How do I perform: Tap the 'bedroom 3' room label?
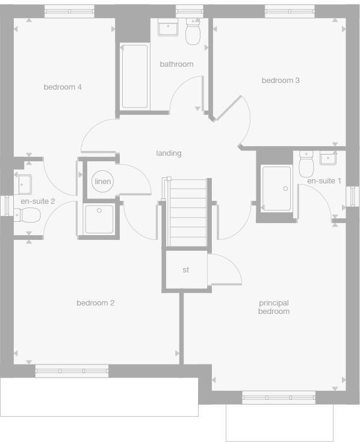(x=280, y=80)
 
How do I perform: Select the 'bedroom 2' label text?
(x=95, y=302)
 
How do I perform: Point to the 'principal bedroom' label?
(x=274, y=307)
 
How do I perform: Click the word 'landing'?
(x=169, y=153)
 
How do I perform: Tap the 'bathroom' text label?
(x=176, y=64)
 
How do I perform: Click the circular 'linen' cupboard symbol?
(x=102, y=182)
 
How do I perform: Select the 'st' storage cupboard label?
(x=185, y=270)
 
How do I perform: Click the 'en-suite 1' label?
(x=324, y=180)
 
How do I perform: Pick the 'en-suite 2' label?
(x=37, y=201)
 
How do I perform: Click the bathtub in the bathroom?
(x=135, y=76)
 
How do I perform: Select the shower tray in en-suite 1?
(x=276, y=188)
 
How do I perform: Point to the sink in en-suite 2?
(x=23, y=182)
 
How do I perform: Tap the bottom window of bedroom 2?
(x=72, y=370)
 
